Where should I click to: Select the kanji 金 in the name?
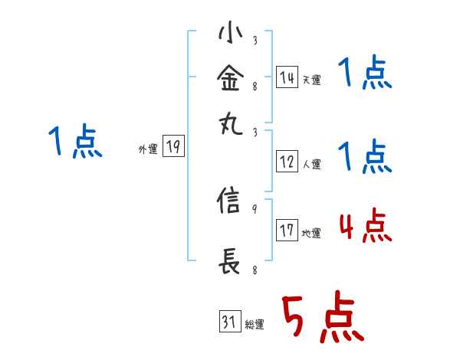tap(230, 77)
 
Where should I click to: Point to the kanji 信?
tap(230, 202)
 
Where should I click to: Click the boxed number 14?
tap(286, 77)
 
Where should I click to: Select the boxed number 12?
tap(286, 162)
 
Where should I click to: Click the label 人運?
tap(311, 164)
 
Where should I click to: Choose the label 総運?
tap(255, 325)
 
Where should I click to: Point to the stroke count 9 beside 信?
tap(255, 208)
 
